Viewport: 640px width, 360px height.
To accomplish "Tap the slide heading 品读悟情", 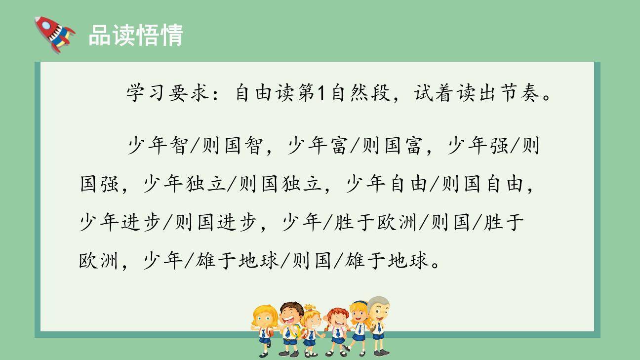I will pos(135,35).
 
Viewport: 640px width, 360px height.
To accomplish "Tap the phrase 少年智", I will pos(158,146).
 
